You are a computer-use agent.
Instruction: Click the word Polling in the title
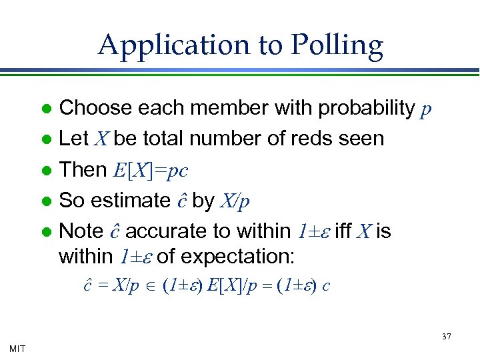(337, 45)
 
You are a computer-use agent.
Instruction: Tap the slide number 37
(446, 337)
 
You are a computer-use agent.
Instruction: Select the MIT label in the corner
(18, 347)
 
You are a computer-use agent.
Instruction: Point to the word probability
(364, 108)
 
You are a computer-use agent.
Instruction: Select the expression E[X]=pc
(151, 170)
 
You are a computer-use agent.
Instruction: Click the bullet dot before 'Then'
(46, 171)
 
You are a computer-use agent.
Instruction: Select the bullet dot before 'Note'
(46, 232)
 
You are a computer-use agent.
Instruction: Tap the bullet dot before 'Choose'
(46, 109)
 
